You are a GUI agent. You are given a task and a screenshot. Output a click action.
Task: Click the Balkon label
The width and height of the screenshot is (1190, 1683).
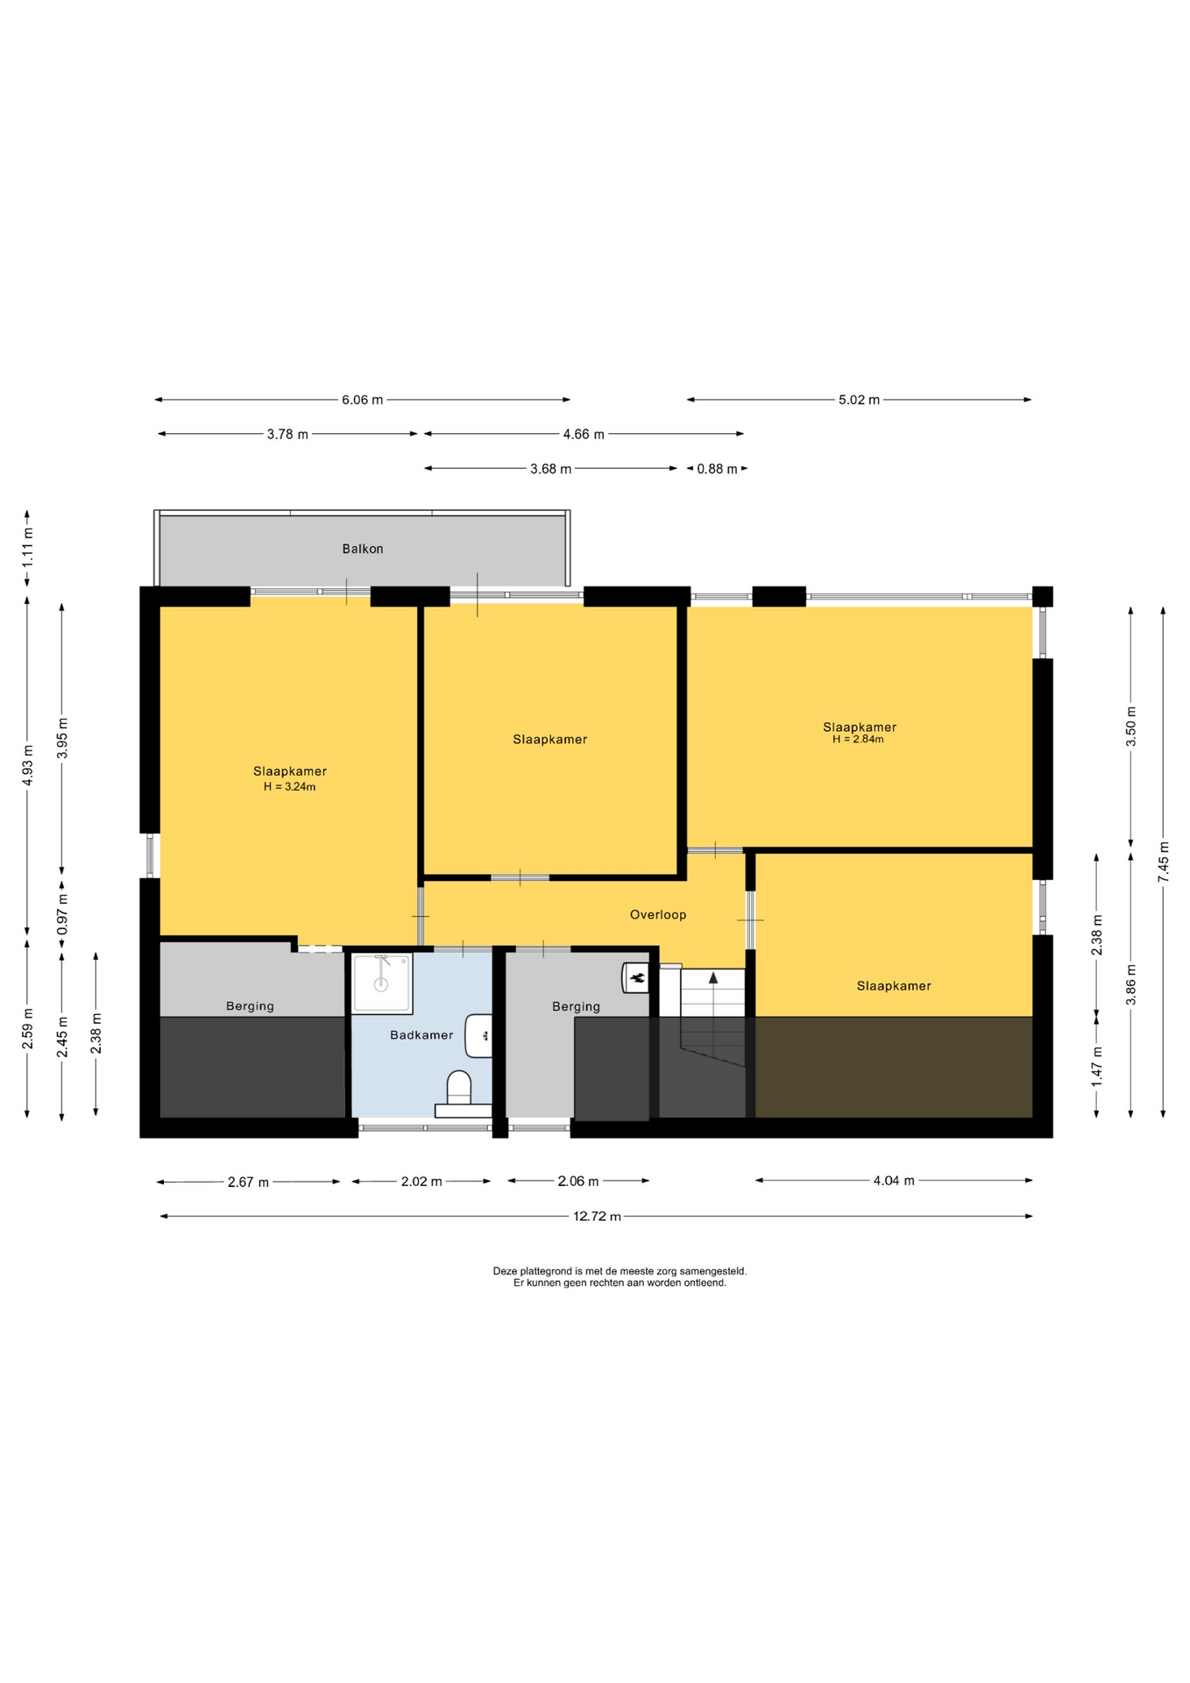pyautogui.click(x=363, y=549)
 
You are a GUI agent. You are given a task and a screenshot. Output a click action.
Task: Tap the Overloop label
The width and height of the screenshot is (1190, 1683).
pyautogui.click(x=658, y=914)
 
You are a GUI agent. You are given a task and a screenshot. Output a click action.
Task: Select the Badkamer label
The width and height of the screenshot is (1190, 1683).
pyautogui.click(x=421, y=1034)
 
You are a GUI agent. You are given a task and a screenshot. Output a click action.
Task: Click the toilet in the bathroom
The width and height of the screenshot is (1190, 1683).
pyautogui.click(x=459, y=1089)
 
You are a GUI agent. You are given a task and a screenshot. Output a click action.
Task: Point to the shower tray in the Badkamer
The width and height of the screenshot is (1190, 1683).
pyautogui.click(x=381, y=984)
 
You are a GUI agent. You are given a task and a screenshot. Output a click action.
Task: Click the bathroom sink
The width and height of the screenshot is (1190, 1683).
pyautogui.click(x=479, y=1036)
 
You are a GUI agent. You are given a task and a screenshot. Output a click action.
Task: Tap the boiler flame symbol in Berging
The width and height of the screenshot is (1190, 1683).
pyautogui.click(x=637, y=978)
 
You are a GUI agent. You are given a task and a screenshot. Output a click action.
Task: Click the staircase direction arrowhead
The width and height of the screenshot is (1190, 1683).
pyautogui.click(x=713, y=976)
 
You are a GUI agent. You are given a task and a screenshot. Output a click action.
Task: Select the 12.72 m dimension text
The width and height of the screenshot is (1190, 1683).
pyautogui.click(x=597, y=1216)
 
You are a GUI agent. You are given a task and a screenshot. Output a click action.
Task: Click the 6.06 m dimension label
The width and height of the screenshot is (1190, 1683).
pyautogui.click(x=363, y=400)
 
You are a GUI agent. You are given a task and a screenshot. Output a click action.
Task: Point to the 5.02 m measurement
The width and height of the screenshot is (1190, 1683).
pyautogui.click(x=859, y=400)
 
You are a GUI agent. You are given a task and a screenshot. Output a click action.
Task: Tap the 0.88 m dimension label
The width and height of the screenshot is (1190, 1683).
pyautogui.click(x=717, y=469)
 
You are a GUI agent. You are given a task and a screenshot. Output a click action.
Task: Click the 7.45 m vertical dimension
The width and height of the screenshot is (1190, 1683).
pyautogui.click(x=1163, y=862)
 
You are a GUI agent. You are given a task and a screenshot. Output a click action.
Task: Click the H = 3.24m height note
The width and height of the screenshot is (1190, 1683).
pyautogui.click(x=290, y=787)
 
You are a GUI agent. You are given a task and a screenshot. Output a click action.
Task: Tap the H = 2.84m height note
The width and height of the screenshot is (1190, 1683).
pyautogui.click(x=858, y=739)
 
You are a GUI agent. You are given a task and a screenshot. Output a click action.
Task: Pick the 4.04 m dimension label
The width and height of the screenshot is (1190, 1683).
pyautogui.click(x=894, y=1181)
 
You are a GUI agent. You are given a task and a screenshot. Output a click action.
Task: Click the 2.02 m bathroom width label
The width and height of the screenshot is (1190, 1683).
pyautogui.click(x=421, y=1182)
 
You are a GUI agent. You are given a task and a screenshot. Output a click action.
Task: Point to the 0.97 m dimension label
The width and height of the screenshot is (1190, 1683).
pyautogui.click(x=61, y=914)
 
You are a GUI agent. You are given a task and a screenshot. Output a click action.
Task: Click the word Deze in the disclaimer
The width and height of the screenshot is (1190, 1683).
pyautogui.click(x=505, y=1270)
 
